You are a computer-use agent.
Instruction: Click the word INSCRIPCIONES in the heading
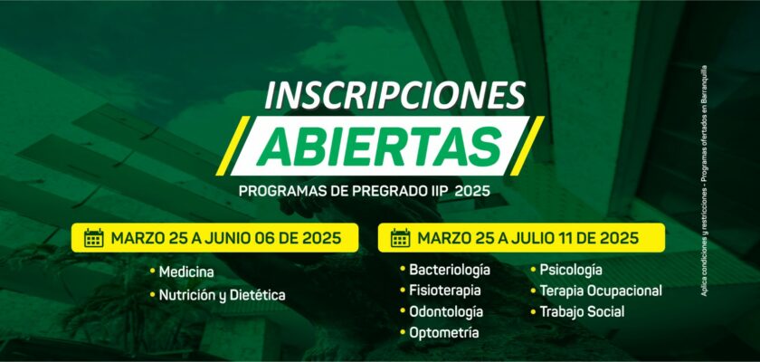point(395,95)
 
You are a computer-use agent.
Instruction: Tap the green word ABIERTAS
point(378,146)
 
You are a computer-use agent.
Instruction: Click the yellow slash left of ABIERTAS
point(233,146)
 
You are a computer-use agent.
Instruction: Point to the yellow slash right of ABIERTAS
point(527,146)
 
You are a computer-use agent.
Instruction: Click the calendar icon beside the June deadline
point(93,238)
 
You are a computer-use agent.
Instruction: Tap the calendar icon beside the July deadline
point(400,238)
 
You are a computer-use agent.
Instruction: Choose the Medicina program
point(186,271)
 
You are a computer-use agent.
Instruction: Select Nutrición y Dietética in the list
point(222,295)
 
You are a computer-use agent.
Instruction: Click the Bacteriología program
point(450,270)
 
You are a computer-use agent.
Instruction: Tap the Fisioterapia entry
point(445,291)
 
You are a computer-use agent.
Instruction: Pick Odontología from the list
point(446,311)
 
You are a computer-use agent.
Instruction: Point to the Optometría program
point(444,333)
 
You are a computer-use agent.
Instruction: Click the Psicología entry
point(571,270)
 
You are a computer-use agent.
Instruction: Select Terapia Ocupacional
point(601,291)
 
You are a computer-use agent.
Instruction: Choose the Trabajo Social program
point(582,311)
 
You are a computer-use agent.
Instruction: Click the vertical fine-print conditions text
point(704,180)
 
